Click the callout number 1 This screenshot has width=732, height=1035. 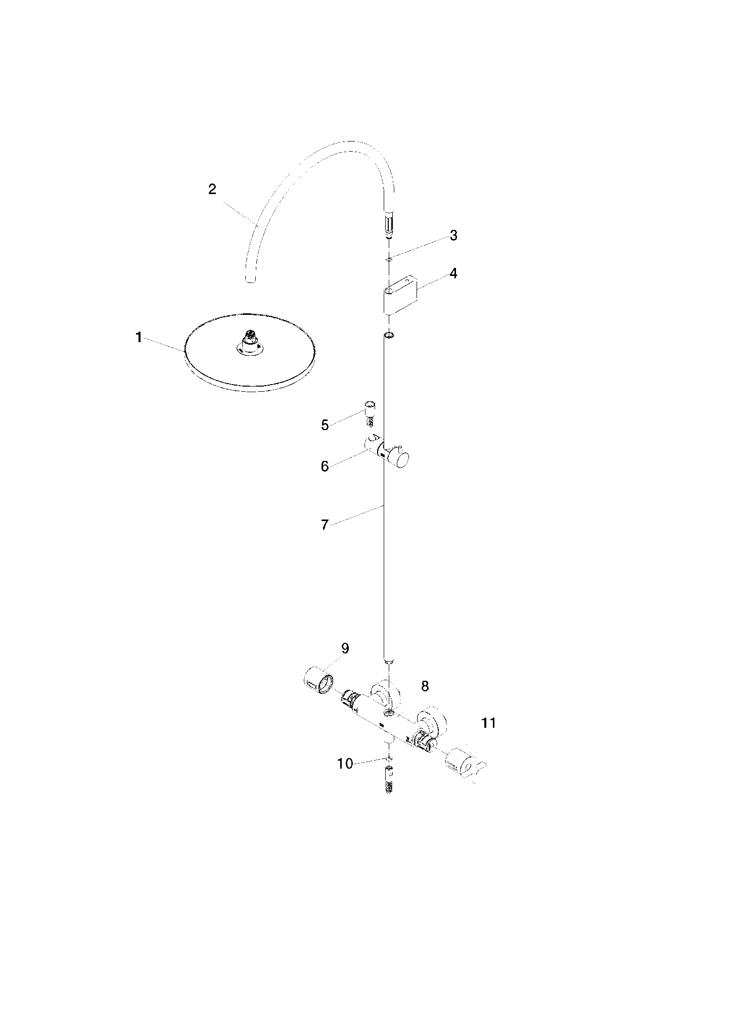[139, 338]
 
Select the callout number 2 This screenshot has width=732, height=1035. [212, 189]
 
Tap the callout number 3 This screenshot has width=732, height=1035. [453, 235]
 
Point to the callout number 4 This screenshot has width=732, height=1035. [453, 273]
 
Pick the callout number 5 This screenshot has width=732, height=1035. [325, 425]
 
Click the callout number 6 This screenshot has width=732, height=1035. [325, 466]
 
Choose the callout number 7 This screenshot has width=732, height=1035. [325, 525]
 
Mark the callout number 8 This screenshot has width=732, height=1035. [425, 686]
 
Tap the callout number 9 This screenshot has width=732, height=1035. [345, 648]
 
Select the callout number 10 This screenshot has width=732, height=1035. [345, 764]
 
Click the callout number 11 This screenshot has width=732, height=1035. [489, 723]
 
